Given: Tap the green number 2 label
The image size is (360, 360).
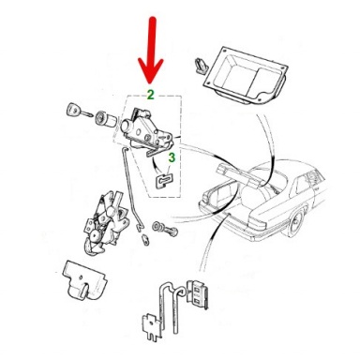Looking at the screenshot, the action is point(151,95).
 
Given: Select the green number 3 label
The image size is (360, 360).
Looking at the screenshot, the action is point(172,157).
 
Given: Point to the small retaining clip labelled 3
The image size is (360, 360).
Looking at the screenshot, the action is point(164,181).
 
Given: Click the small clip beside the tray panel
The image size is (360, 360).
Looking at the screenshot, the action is point(200,66).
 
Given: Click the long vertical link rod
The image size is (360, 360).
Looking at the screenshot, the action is point(132,187).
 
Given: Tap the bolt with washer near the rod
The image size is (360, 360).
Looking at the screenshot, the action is point(165,229).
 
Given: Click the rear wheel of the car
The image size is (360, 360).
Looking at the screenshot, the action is point(295,223).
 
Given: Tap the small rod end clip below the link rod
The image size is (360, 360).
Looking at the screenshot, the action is point(145,239).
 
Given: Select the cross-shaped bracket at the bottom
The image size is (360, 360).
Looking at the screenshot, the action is point(153,326).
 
